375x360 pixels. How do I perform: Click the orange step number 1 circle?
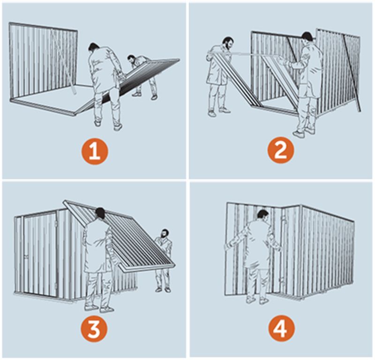[95, 152]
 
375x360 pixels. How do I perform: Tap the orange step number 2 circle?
[280, 150]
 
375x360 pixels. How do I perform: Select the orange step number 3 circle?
[94, 329]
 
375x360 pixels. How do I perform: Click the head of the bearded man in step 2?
[228, 43]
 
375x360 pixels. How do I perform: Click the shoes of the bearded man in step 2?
[218, 112]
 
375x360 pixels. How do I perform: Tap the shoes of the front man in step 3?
[98, 308]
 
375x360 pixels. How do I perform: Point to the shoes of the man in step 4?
[257, 299]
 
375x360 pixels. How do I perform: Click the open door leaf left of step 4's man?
[239, 249]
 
